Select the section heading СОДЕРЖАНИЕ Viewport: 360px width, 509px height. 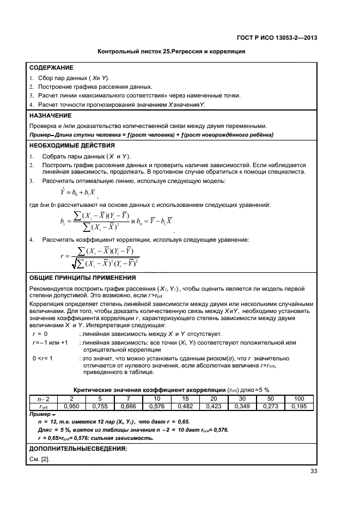point(51,68)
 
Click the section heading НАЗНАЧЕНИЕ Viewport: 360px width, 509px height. point(50,115)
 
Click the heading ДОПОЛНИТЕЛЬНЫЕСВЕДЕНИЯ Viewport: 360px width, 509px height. point(78,449)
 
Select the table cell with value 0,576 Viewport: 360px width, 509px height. point(158,406)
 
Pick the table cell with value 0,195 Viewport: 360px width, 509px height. point(300,406)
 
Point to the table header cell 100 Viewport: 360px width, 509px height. point(300,399)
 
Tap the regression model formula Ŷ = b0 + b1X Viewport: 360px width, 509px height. point(78,192)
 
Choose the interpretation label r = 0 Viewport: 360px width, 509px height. point(40,334)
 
